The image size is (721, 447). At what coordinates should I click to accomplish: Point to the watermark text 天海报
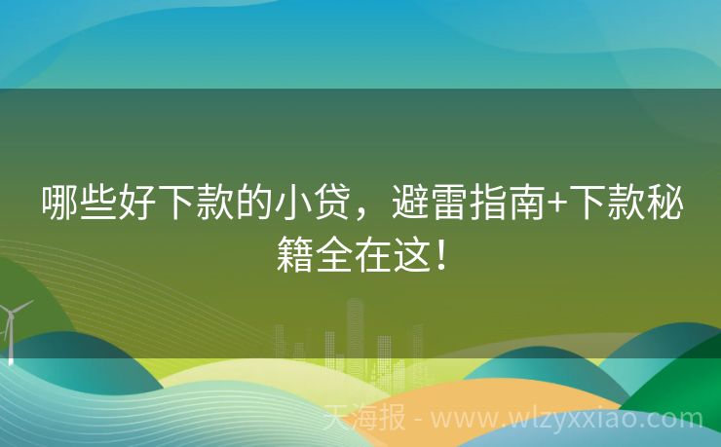[x=364, y=419]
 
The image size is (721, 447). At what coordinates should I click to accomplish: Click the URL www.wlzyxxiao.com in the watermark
[x=566, y=420]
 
